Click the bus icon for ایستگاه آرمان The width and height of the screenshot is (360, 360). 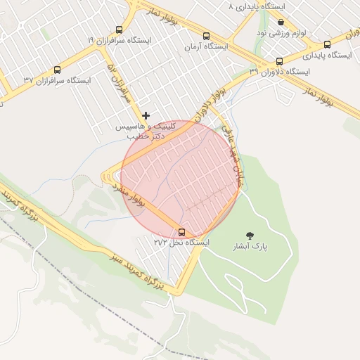pos(206,36)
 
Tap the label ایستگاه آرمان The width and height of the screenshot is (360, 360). pos(206,46)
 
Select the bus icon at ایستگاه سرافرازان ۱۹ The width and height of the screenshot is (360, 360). pos(118,30)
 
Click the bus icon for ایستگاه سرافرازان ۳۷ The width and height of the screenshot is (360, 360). pos(57,70)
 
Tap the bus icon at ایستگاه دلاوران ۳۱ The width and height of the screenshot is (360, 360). pos(280,61)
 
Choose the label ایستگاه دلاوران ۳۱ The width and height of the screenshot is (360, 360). pos(280,72)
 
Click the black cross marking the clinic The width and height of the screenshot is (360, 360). pos(146,115)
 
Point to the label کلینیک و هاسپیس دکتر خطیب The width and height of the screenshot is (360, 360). pos(146,130)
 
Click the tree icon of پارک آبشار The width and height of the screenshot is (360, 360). pos(250,236)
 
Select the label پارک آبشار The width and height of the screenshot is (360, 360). pos(250,247)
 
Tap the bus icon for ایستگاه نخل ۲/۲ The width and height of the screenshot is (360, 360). pos(182,231)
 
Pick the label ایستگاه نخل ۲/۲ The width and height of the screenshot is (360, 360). pos(182,242)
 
